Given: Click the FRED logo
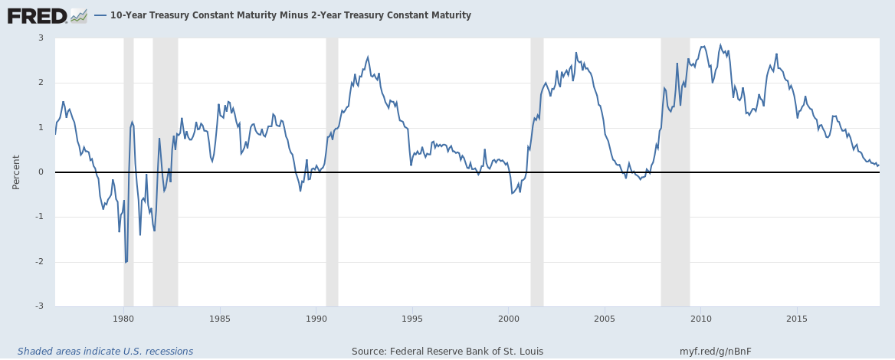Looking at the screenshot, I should (x=37, y=15).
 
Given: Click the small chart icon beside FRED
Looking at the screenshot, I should (x=78, y=15).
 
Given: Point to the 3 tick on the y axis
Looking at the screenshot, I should (x=41, y=38).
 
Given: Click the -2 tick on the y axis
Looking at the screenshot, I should (x=40, y=262).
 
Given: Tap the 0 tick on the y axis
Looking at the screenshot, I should (x=41, y=172).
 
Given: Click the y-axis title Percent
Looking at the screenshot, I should (x=16, y=172).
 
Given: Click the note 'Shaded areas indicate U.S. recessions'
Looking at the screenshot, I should (x=106, y=352).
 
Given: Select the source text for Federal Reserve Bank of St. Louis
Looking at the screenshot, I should (x=447, y=352).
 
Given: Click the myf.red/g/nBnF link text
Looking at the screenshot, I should (x=716, y=352).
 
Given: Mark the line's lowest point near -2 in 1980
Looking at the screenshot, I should (x=126, y=262).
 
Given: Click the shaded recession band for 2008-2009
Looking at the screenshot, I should (x=675, y=230).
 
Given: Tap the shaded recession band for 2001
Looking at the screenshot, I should (x=536, y=230).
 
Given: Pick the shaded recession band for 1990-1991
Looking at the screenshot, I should (x=332, y=230).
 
